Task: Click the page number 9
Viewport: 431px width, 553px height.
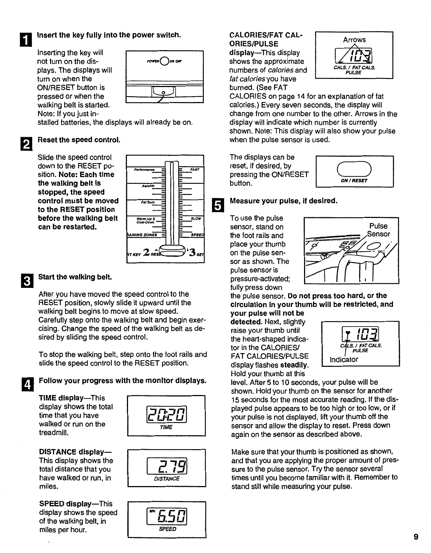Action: (416, 537)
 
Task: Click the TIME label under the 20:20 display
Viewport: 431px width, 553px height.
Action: (166, 427)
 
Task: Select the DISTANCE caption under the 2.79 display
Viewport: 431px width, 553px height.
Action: (167, 478)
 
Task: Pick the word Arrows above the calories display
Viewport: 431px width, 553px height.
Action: (354, 39)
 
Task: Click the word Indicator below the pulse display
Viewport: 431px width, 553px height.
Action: (344, 360)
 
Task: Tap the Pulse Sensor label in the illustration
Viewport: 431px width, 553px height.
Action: (379, 230)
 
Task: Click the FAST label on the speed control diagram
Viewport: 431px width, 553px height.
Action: (194, 170)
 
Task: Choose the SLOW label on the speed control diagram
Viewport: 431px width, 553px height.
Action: (196, 219)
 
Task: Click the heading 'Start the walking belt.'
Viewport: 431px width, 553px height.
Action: (75, 277)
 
